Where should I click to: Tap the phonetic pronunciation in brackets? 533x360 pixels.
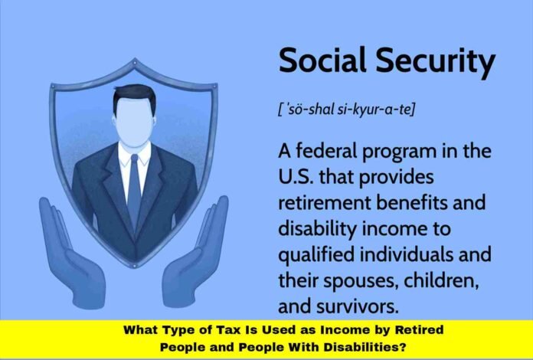pyautogui.click(x=346, y=110)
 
